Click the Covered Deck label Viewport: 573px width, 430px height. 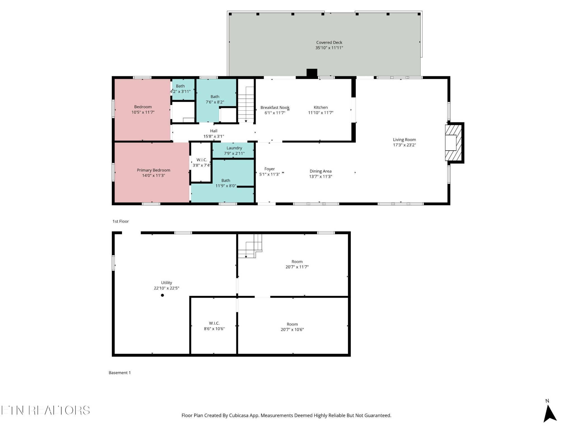coord(329,43)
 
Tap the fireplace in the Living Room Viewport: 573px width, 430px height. coord(452,143)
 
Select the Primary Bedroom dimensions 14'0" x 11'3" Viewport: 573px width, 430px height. coord(153,176)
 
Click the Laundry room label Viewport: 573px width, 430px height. coord(234,148)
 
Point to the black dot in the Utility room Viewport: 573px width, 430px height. coord(162,295)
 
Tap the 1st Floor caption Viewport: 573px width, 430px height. coord(121,221)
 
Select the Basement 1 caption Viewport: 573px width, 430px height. coord(119,373)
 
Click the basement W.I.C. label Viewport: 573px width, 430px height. coord(214,323)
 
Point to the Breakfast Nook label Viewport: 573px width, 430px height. coord(275,107)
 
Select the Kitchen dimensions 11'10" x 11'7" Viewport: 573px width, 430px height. coord(321,113)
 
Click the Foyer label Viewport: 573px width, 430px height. coord(269,169)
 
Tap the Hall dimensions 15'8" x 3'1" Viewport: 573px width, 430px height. coord(213,136)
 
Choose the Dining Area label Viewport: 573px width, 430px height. coord(320,171)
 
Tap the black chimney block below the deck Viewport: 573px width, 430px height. coord(312,73)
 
